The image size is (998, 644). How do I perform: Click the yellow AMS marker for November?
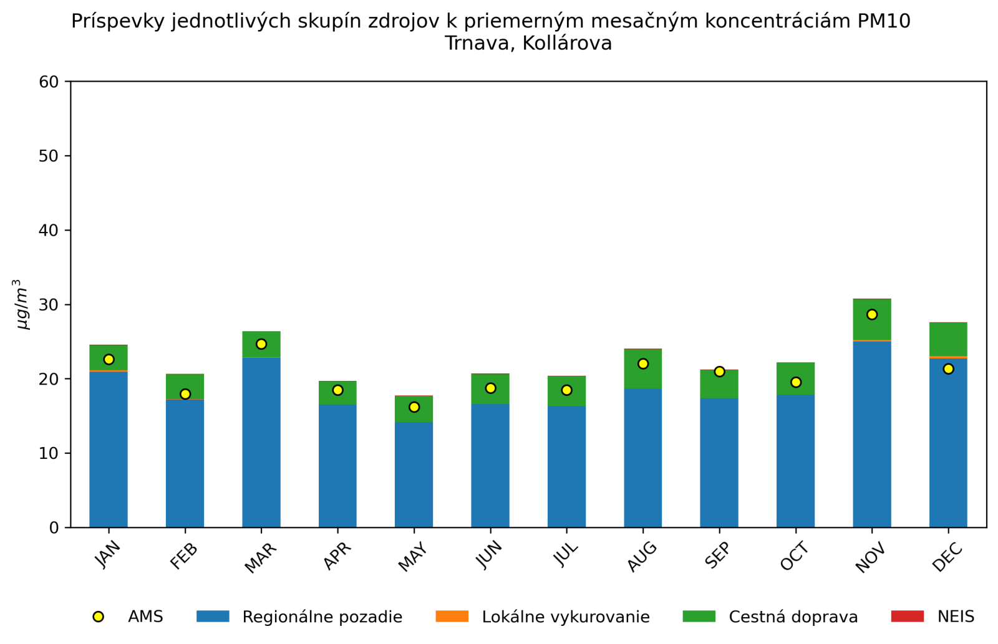[x=872, y=315]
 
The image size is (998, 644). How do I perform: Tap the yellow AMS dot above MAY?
[x=414, y=407]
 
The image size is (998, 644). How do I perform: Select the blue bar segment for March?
[x=261, y=443]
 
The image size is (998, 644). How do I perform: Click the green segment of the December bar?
[x=948, y=340]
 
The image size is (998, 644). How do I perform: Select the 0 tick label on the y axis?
[x=54, y=528]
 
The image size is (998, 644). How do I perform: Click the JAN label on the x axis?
[x=108, y=555]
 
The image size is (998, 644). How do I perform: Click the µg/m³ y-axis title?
[x=22, y=304]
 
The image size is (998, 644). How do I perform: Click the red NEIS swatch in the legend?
[x=907, y=617]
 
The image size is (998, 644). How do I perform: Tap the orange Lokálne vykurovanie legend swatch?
[x=452, y=617]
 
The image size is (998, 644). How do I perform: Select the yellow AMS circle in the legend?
[x=98, y=617]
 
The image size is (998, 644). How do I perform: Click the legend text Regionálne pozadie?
[x=322, y=617]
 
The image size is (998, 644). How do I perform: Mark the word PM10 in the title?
[x=884, y=21]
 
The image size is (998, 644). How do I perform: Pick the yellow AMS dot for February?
[x=185, y=394]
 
